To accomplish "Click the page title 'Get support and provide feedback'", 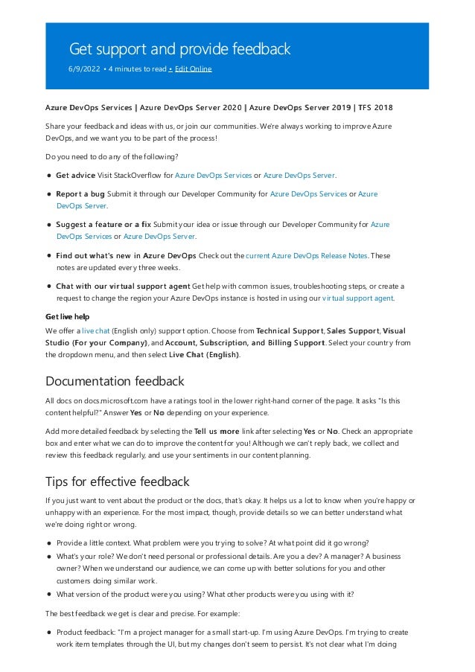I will (x=179, y=49).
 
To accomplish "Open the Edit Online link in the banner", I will (x=193, y=69).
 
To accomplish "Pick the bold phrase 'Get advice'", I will (x=75, y=175).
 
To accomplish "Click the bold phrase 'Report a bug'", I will (x=80, y=194).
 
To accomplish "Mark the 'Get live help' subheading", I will (x=68, y=316).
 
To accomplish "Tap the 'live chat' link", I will (x=95, y=330).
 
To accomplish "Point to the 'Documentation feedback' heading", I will (x=115, y=382).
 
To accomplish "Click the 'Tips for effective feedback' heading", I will (x=117, y=481).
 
